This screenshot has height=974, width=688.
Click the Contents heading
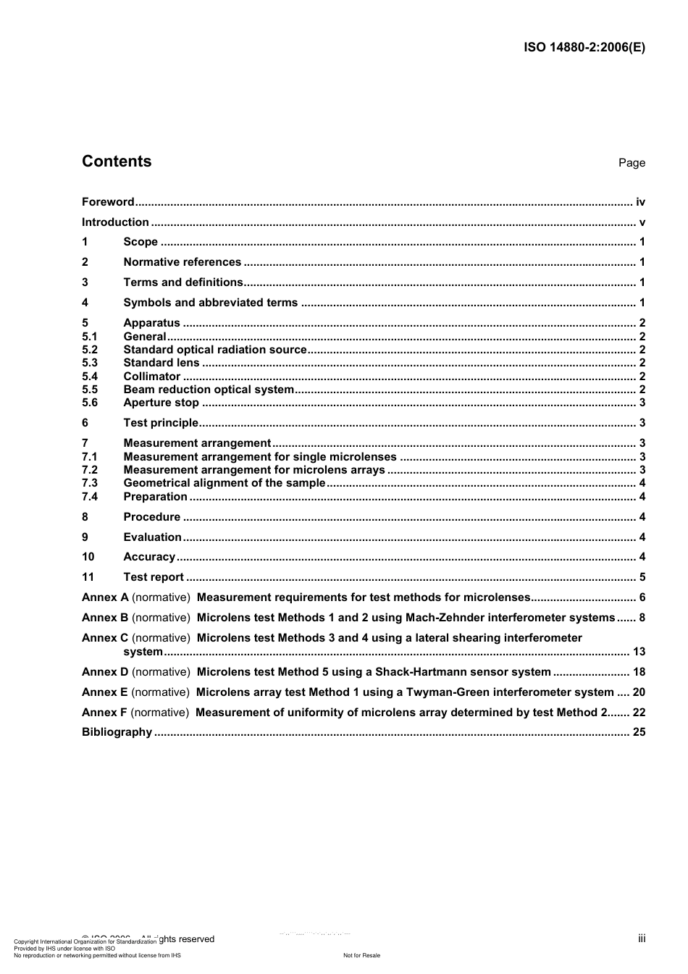[x=117, y=161]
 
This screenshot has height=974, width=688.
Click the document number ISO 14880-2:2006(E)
[x=584, y=48]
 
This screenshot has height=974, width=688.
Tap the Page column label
[x=632, y=163]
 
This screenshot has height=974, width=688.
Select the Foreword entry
[x=108, y=202]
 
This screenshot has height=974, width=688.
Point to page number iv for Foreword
[x=640, y=202]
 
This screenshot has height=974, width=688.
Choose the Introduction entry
[x=115, y=222]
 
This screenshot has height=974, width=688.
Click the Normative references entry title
[x=182, y=262]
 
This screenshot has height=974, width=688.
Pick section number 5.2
[x=90, y=350]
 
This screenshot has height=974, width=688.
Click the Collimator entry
[x=151, y=377]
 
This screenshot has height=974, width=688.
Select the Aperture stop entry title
[x=161, y=403]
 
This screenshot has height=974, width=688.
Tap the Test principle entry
[x=160, y=423]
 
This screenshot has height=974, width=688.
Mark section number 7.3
[x=90, y=483]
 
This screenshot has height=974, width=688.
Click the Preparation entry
[x=155, y=497]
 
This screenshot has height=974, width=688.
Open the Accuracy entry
[x=149, y=557]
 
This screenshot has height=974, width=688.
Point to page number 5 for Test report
[x=642, y=577]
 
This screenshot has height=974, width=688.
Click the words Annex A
[x=105, y=597]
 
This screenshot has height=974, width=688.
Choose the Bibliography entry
[x=117, y=732]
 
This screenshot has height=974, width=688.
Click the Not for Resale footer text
[x=361, y=955]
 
